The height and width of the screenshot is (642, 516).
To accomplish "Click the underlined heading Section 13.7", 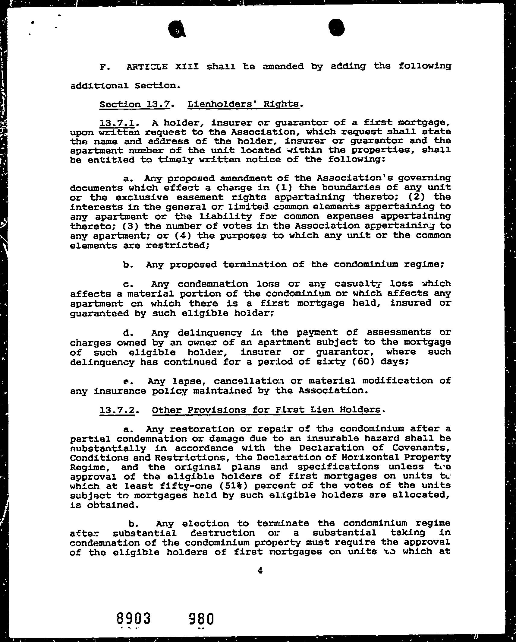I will pyautogui.click(x=135, y=104).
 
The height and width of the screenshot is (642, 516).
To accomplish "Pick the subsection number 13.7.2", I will pyautogui.click(x=117, y=410).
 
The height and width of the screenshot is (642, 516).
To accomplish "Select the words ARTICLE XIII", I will pyautogui.click(x=162, y=66).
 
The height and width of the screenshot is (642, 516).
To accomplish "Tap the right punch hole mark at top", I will pyautogui.click(x=336, y=28).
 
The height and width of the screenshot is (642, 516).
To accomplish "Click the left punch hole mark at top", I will pyautogui.click(x=177, y=30).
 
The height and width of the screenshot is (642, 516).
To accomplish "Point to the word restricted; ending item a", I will pyautogui.click(x=178, y=245).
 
